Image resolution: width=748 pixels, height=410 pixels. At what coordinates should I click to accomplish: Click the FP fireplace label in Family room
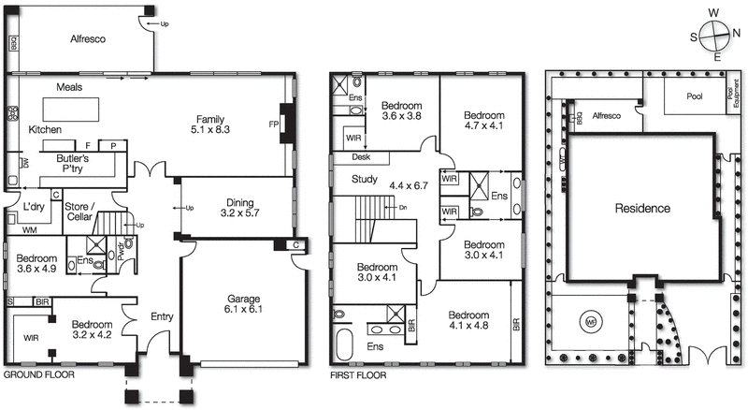click(274, 124)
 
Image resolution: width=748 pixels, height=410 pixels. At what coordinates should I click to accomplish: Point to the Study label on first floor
click(364, 180)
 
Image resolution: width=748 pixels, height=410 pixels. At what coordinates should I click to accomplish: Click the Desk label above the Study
click(350, 158)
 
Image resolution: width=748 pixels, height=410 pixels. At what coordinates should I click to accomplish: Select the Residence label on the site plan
click(642, 208)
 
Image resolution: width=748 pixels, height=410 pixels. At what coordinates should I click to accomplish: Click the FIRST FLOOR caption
click(357, 375)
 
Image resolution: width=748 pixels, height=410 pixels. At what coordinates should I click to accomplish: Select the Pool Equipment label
click(730, 96)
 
